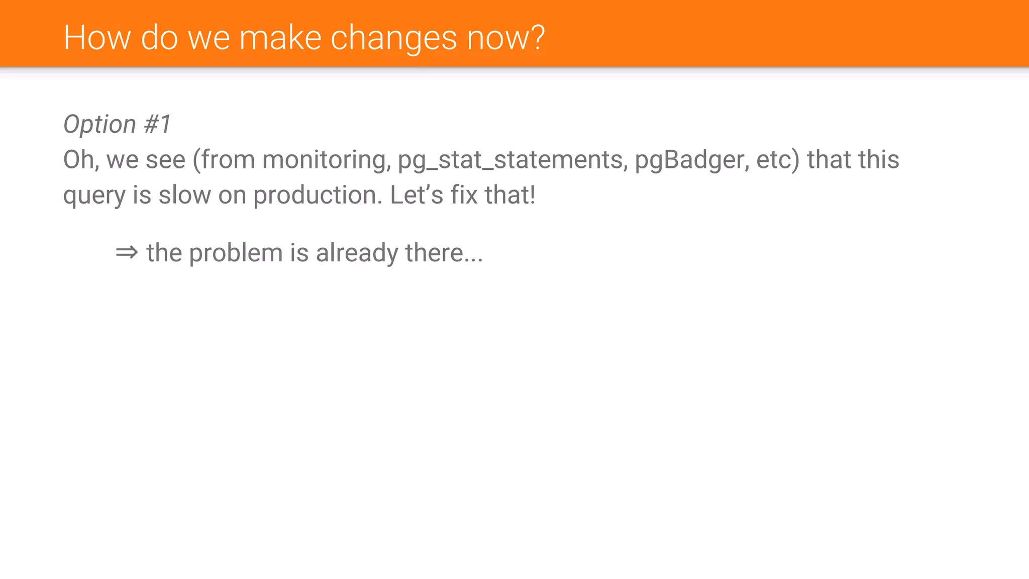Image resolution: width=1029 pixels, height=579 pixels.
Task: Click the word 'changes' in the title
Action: [x=393, y=38]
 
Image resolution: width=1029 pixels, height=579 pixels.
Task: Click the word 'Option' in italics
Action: [x=100, y=124]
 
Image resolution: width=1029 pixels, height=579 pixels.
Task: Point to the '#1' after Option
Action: [x=158, y=124]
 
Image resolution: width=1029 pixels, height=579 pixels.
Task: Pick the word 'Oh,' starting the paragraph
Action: [x=81, y=160]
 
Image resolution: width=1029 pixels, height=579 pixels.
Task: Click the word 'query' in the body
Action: [x=94, y=195]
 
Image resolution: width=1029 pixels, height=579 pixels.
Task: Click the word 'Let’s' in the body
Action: [x=417, y=195]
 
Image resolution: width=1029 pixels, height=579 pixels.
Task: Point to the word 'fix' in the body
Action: [x=464, y=195]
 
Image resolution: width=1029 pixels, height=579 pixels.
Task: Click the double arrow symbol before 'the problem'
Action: [x=127, y=252]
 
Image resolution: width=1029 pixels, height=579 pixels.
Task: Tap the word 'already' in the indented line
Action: [x=357, y=253]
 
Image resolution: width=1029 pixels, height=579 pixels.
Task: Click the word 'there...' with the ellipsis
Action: [x=444, y=253]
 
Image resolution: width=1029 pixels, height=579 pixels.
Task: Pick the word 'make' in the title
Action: [x=280, y=38]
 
